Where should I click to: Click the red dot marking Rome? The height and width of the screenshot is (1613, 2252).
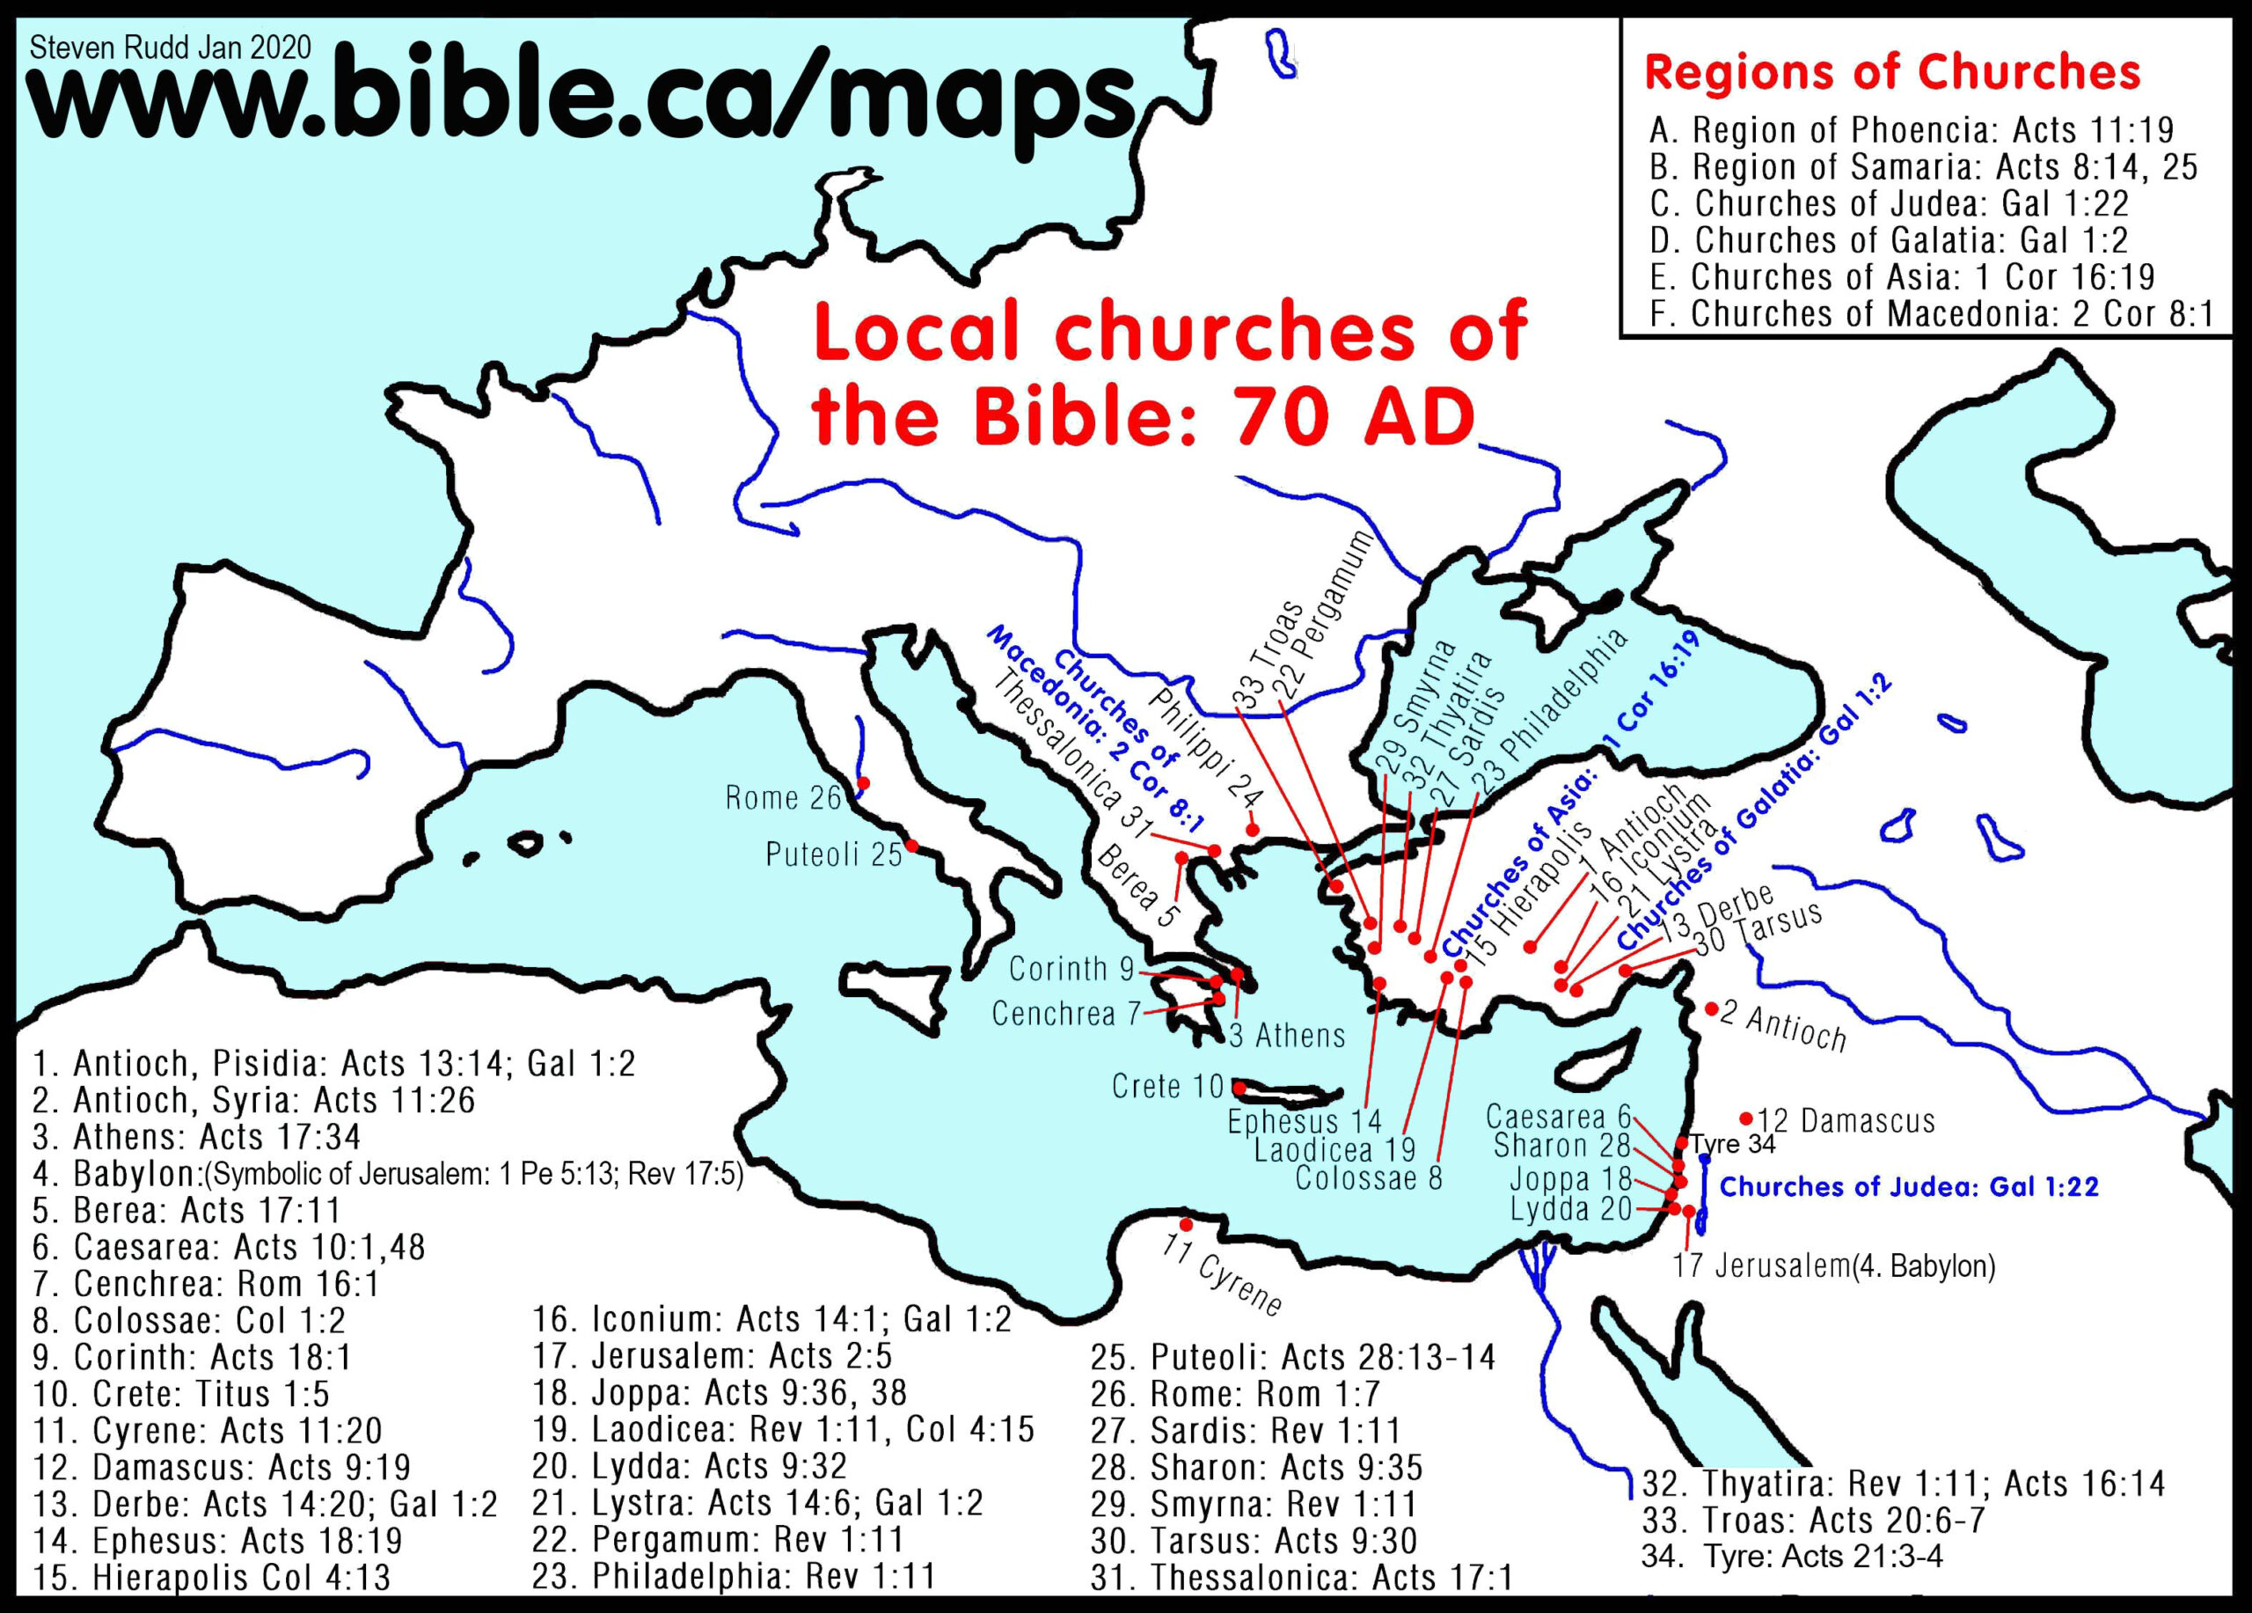(863, 784)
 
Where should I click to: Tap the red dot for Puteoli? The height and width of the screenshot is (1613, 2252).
(910, 847)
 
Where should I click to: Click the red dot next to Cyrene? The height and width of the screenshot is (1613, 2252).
(1186, 1224)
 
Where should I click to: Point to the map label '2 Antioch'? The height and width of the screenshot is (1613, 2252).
(1782, 1027)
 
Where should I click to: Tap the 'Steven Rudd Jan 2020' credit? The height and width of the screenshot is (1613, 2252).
(171, 47)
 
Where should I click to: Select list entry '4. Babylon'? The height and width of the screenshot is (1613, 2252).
(387, 1174)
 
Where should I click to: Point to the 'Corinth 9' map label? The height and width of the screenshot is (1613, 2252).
(1071, 967)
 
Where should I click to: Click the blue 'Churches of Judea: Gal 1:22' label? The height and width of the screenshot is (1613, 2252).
(1908, 1187)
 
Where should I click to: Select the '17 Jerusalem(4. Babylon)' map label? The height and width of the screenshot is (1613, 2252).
(1833, 1266)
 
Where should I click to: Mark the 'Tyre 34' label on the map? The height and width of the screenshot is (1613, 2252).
(1733, 1144)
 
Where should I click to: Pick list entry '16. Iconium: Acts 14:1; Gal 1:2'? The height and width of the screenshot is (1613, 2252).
(771, 1319)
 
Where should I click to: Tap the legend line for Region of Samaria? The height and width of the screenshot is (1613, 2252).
(1923, 167)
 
